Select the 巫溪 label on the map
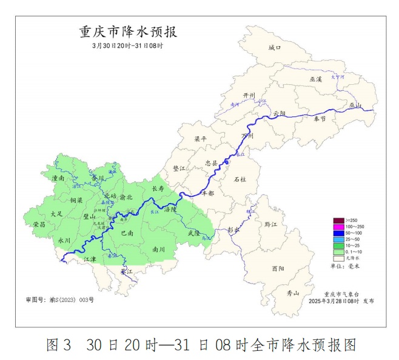316,79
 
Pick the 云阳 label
278,113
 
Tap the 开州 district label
249,96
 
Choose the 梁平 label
200,139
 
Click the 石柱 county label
240,179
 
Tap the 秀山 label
293,293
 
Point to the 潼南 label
58,179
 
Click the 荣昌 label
39,224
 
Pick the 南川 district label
159,248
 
